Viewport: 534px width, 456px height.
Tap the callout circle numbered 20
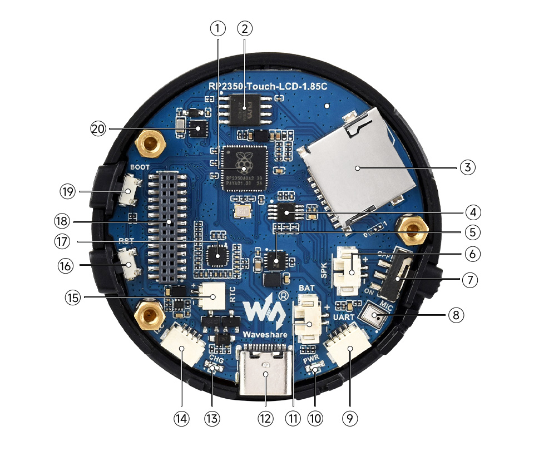[x=98, y=128]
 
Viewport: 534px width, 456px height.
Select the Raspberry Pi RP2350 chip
[x=244, y=167]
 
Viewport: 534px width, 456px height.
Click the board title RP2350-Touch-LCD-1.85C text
[x=269, y=87]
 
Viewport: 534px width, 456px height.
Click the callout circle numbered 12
[x=265, y=418]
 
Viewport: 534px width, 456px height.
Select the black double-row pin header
[x=167, y=225]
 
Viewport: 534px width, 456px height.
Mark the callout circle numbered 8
[x=455, y=315]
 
